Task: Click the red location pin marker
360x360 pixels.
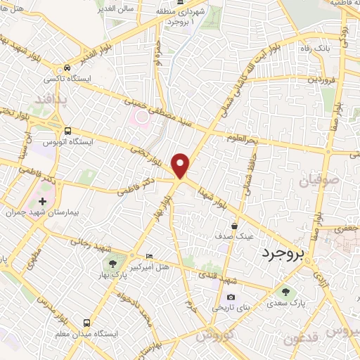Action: (181, 165)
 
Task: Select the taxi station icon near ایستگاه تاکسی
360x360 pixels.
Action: (67, 68)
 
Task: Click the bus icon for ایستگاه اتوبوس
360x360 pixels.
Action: (67, 131)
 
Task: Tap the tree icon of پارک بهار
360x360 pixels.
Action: (112, 264)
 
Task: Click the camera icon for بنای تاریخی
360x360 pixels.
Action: (231, 297)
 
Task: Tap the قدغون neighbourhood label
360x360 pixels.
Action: (303, 339)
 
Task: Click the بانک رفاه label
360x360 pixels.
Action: (335, 49)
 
